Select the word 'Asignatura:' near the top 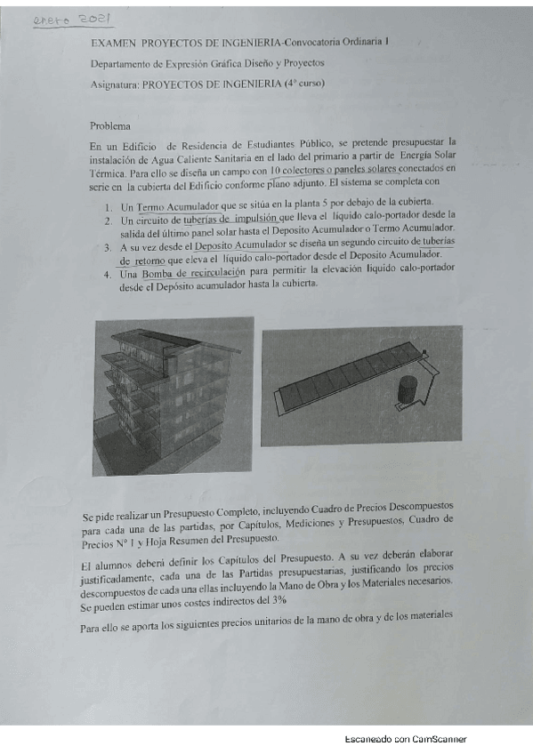point(114,84)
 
